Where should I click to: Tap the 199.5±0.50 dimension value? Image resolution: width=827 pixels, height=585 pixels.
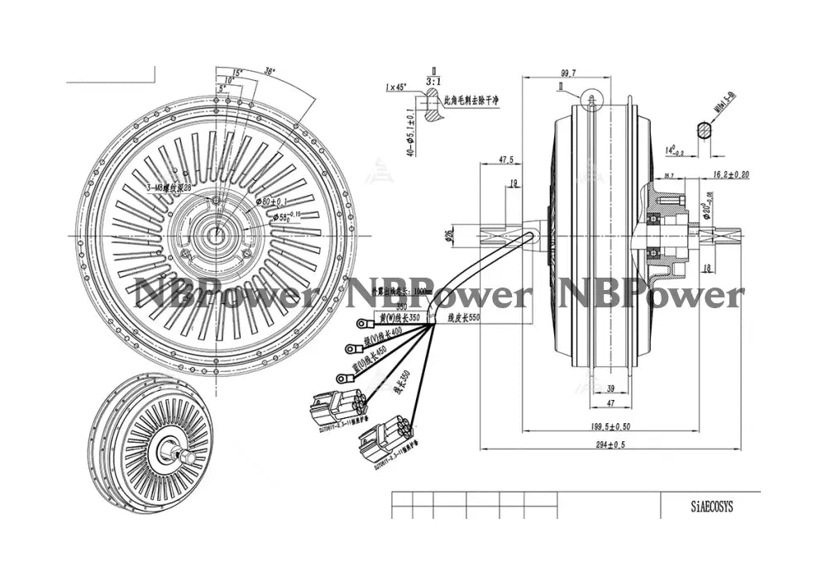point(611,426)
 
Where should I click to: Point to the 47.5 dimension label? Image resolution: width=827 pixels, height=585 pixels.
point(505,159)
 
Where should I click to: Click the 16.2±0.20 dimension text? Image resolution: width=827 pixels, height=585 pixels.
point(729,174)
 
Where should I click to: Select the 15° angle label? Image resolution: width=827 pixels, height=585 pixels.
point(237,74)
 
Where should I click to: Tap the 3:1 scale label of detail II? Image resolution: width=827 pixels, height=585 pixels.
point(433,82)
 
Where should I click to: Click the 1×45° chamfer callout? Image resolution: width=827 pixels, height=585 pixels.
point(395,88)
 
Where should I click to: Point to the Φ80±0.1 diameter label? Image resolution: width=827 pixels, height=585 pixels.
point(271,201)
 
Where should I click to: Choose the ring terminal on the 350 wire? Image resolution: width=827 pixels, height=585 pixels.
point(361,324)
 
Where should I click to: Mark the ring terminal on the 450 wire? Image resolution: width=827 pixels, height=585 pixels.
point(342,378)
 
